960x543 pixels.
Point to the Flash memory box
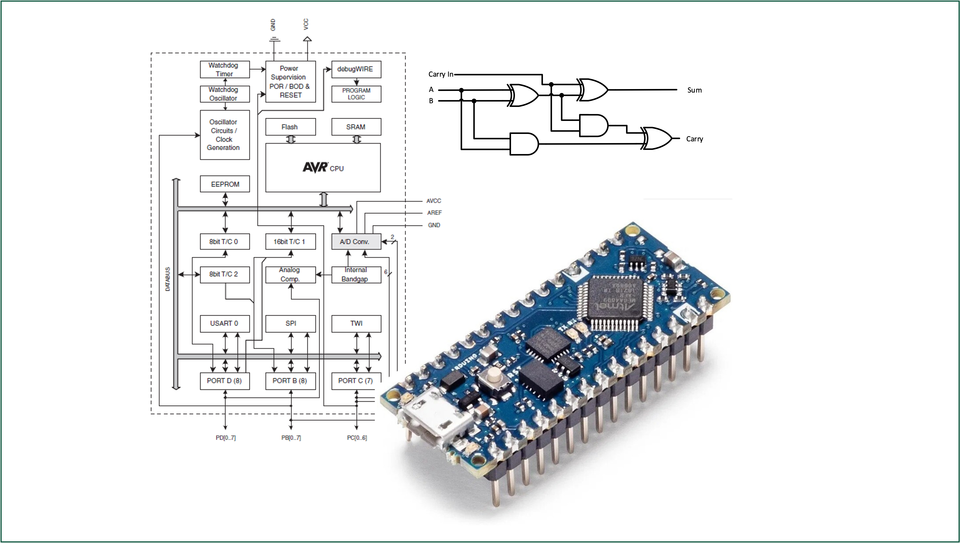tap(290, 127)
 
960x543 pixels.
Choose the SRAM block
tap(356, 127)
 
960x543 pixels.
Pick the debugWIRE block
tap(356, 69)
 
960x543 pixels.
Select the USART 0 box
tap(224, 323)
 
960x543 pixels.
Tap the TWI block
tap(356, 323)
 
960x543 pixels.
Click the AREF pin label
tap(434, 213)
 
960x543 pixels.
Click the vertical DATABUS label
tap(167, 279)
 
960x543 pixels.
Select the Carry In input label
tap(441, 74)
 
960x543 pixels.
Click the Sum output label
tap(694, 90)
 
